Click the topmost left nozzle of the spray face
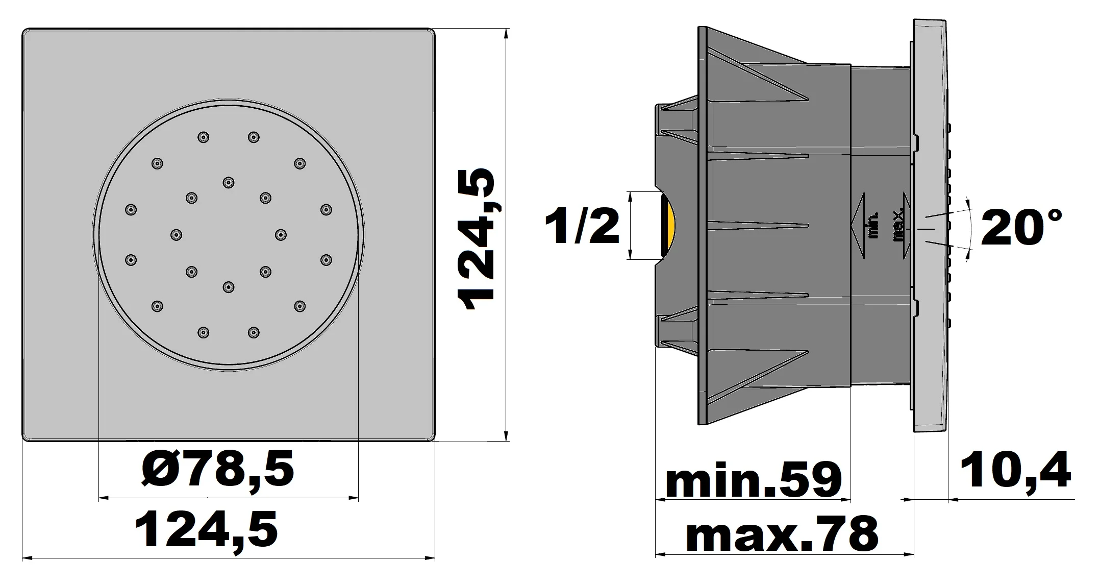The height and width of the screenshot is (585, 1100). point(204,137)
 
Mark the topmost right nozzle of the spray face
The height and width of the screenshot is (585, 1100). point(254,137)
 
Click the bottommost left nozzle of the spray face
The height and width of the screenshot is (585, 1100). point(204,332)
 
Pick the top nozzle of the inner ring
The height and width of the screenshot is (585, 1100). point(228,182)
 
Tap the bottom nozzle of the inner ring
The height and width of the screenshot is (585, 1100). point(228,287)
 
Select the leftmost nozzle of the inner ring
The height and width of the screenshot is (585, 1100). point(176,234)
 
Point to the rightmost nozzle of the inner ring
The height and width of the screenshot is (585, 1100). point(280,234)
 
